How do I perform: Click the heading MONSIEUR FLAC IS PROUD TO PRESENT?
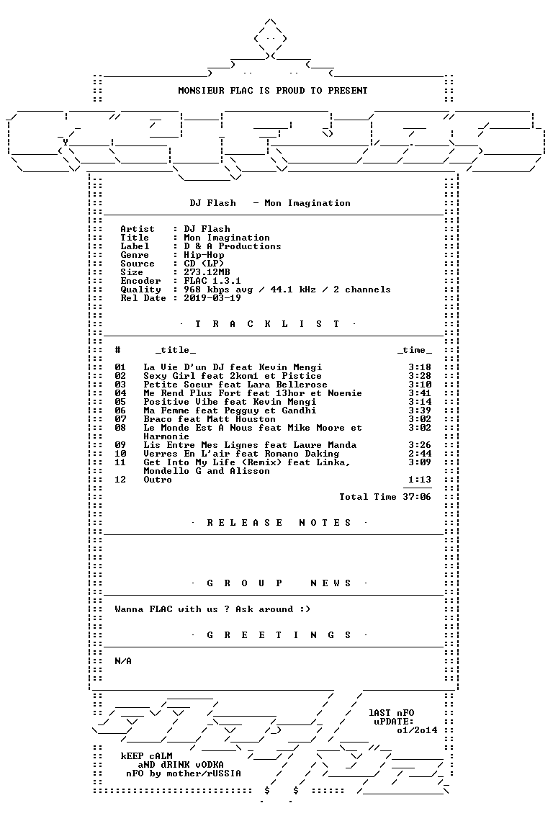point(273,91)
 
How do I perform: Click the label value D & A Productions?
point(232,246)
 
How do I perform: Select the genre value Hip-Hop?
point(204,255)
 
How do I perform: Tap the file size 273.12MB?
point(207,272)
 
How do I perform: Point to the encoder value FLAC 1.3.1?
point(212,281)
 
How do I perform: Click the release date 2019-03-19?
point(212,298)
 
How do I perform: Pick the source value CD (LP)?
point(204,264)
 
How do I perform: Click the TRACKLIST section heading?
point(267,324)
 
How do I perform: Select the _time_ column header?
point(414,350)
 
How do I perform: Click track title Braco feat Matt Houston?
point(210,419)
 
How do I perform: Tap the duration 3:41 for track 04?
point(420,393)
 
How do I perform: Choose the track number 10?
point(120,454)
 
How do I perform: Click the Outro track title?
point(158,480)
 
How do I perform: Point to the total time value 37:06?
point(417,497)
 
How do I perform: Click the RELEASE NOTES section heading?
point(279,523)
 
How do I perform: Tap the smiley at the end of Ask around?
point(305,609)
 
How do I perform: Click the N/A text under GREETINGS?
point(123,661)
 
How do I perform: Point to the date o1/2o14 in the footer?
point(417,730)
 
